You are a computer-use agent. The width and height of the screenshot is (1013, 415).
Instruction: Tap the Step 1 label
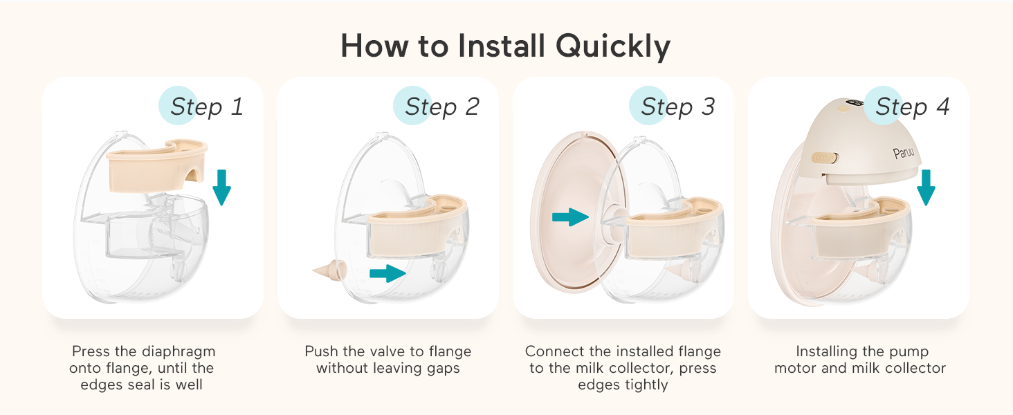[x=206, y=107]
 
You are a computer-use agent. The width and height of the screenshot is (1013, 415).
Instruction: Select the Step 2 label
[x=441, y=107]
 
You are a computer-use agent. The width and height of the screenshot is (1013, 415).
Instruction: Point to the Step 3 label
[x=677, y=107]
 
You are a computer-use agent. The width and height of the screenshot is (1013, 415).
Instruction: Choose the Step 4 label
[x=912, y=107]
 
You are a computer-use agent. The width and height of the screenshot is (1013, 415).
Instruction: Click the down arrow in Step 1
[x=221, y=183]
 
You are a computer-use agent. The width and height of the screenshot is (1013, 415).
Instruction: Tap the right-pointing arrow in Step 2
[x=386, y=273]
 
